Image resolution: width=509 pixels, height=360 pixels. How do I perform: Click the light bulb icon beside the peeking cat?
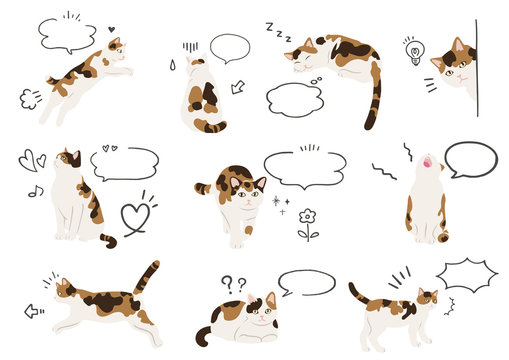[414, 52]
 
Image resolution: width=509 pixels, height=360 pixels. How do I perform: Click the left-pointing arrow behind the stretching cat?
[34, 311]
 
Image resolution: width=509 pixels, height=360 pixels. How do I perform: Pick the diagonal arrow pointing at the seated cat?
[238, 88]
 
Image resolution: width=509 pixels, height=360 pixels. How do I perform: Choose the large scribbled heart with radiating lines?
[135, 217]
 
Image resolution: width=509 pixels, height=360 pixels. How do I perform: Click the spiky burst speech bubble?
[466, 273]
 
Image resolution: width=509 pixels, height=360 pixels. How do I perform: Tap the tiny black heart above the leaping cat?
[111, 30]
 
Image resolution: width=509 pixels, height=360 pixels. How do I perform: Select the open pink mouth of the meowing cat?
[427, 161]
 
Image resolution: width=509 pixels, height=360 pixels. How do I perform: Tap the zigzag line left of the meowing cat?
[385, 172]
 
